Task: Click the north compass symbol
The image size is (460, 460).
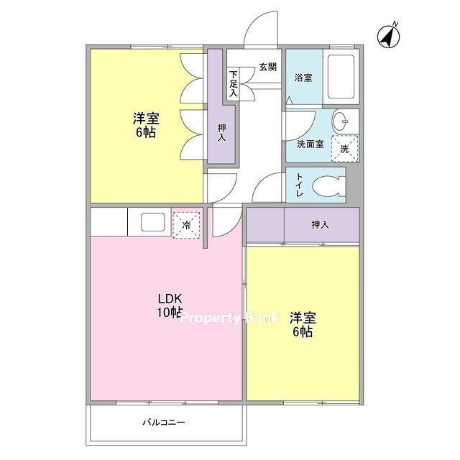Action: click(388, 36)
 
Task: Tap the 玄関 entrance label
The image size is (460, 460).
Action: click(267, 67)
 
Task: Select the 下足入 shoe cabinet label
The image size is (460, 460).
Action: click(233, 84)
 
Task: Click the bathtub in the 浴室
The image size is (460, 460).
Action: click(341, 77)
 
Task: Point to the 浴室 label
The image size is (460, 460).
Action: click(303, 78)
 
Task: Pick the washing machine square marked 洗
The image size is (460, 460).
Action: click(345, 149)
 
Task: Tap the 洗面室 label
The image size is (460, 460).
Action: click(310, 144)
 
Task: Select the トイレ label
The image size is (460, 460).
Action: click(299, 185)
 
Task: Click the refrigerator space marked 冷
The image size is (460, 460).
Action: click(186, 225)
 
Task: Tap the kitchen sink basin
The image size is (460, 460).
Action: click(152, 222)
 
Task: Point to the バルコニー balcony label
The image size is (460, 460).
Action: click(164, 423)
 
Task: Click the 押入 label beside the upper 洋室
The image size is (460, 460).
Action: click(222, 132)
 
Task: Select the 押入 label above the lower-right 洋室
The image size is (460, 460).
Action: click(320, 225)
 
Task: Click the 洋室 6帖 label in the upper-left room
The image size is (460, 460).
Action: click(146, 125)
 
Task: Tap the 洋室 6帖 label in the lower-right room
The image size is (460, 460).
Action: click(303, 325)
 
